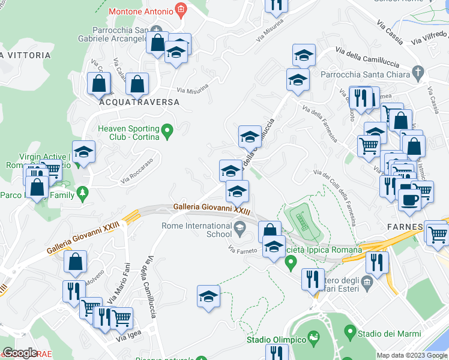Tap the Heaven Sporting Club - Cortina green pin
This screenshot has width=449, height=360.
[x=168, y=129]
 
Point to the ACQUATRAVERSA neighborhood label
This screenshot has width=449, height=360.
[x=139, y=103]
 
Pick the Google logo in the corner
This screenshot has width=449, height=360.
[x=20, y=353]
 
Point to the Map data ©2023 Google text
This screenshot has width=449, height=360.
[x=412, y=355]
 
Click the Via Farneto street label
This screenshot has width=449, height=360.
[x=243, y=248]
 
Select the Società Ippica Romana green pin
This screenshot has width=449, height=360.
[x=291, y=262]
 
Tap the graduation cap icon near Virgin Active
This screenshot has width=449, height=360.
[x=83, y=152]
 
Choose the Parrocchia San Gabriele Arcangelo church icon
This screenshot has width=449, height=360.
[x=156, y=29]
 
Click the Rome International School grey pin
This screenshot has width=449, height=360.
[x=240, y=226]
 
